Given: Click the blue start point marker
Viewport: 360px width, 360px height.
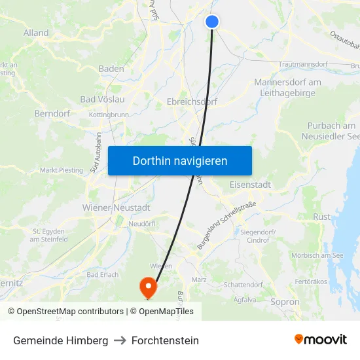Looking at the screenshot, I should tap(211, 22).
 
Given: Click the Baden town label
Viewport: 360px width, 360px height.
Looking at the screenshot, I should tap(111, 69).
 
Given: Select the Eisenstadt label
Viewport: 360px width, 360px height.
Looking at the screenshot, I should tap(250, 185).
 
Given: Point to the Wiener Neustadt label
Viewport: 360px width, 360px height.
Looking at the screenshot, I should tap(117, 207).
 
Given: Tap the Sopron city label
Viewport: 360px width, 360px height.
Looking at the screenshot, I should tap(285, 302).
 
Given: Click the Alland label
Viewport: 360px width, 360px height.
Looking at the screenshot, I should tap(36, 33).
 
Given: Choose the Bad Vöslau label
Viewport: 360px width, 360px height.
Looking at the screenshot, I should tap(102, 99).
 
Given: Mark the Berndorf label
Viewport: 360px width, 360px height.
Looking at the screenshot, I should tap(52, 113).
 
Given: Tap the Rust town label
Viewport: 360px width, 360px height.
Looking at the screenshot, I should tap(322, 217).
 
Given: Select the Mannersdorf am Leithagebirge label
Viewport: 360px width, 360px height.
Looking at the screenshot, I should tap(287, 88).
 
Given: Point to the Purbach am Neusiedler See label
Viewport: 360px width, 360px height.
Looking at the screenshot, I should tap(331, 131).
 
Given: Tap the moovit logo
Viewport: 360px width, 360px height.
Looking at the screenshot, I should tap(321, 340).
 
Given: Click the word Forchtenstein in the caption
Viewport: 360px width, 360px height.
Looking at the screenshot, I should tap(165, 340).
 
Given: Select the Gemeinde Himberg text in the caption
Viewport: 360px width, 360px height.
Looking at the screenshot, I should tap(60, 340).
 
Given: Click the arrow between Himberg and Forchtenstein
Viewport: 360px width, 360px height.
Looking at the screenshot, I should tap(120, 340).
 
